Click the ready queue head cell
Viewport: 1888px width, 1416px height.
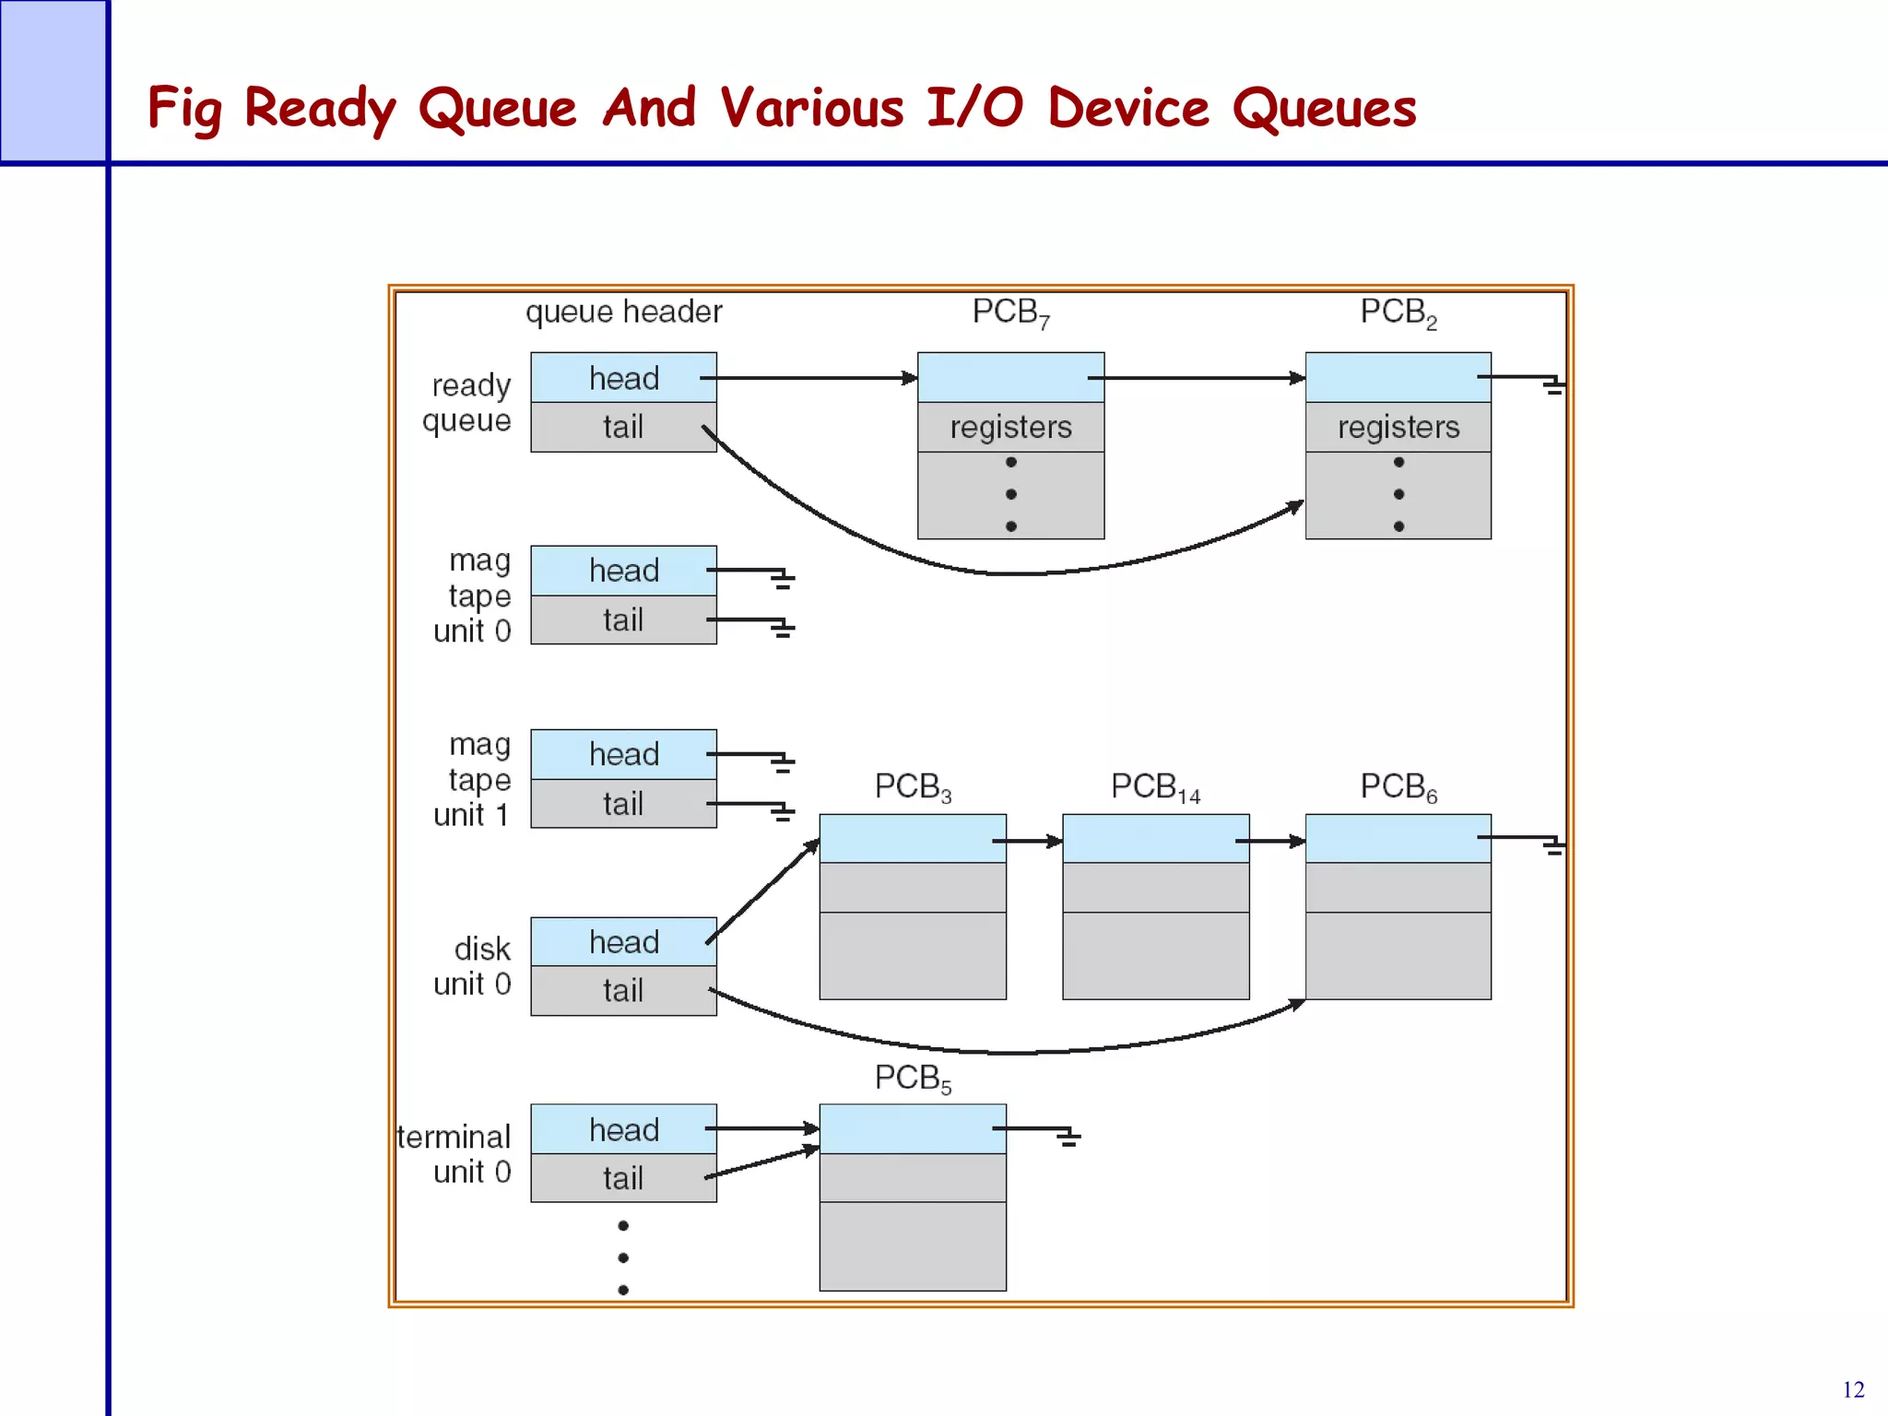pos(623,378)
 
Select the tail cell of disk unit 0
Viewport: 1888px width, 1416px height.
pos(623,991)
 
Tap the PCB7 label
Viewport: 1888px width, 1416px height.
pos(1010,313)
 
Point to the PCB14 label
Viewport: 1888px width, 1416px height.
pos(1155,787)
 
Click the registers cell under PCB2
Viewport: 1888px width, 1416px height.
pos(1398,427)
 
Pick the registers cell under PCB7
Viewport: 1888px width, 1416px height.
pos(1010,427)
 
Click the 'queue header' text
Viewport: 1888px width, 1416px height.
pos(623,312)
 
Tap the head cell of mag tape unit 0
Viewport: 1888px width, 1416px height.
pos(623,571)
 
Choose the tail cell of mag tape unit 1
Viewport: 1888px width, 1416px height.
pos(623,804)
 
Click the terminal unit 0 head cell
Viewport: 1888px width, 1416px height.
pos(623,1129)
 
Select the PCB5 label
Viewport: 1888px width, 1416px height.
pos(913,1078)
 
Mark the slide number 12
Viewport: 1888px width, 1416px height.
pos(1853,1389)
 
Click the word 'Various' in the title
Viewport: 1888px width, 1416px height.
pos(811,108)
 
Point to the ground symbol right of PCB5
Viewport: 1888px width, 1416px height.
pos(1068,1138)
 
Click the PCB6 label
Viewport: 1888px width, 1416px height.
pos(1398,787)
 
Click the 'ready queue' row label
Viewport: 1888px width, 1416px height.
pos(467,402)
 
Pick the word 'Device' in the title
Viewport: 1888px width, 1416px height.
pos(1127,108)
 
